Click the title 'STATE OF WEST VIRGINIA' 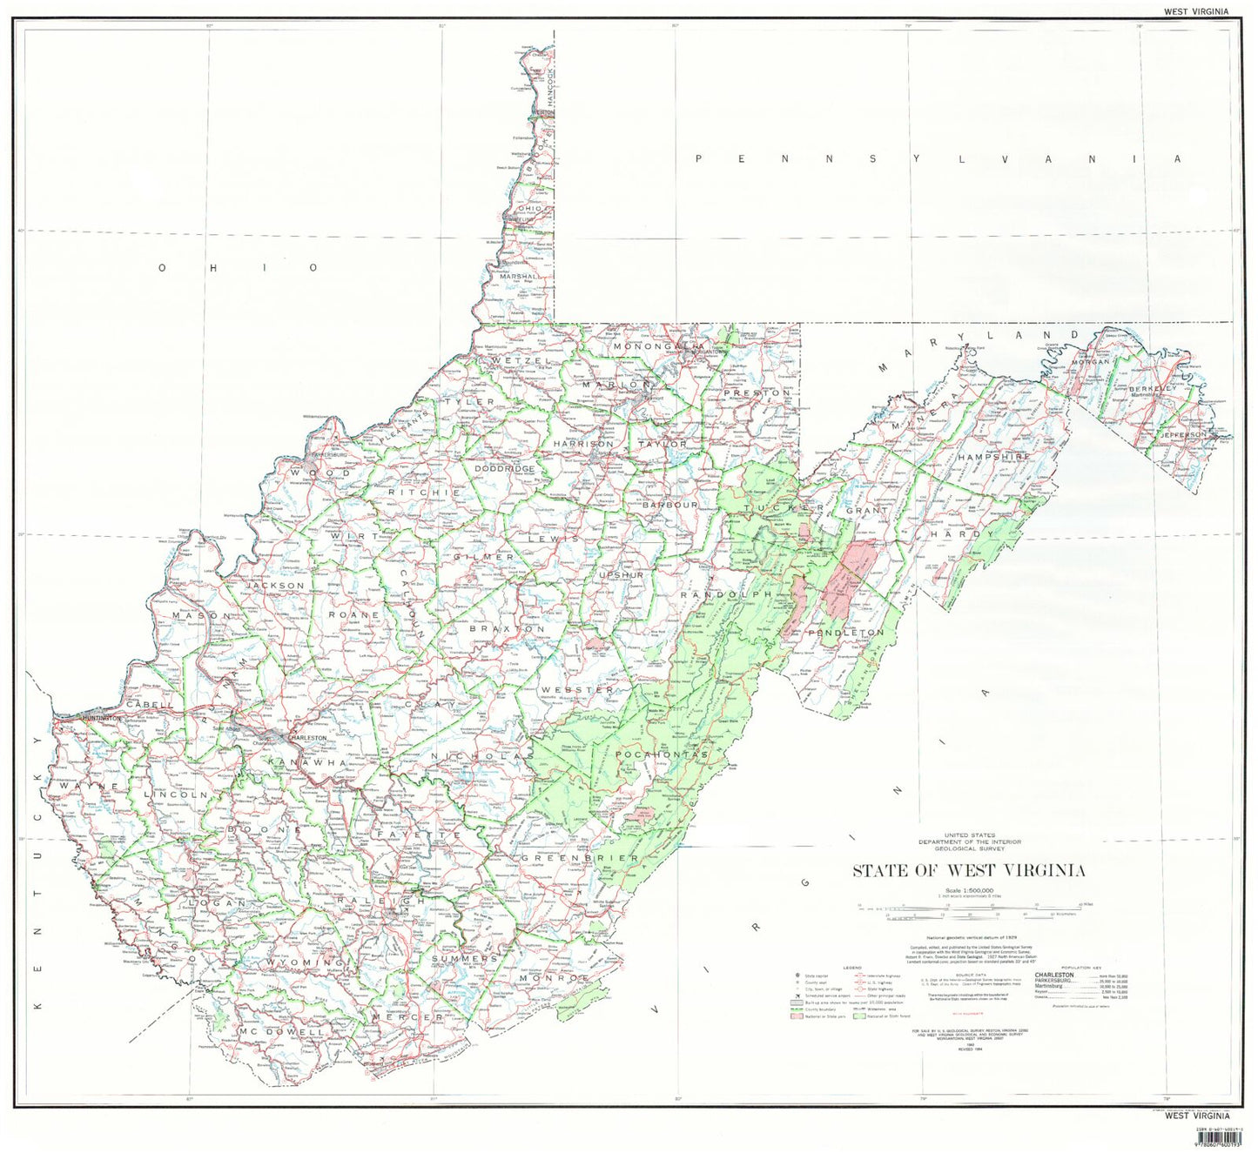(x=968, y=870)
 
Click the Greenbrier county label (x=580, y=858)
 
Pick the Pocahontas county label (x=662, y=754)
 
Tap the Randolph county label (x=726, y=594)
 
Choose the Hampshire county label (x=993, y=456)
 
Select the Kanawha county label (x=310, y=763)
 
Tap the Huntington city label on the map (x=99, y=718)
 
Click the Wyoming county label (x=305, y=962)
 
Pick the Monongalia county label (x=657, y=346)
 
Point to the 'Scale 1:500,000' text (x=968, y=890)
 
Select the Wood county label (x=321, y=473)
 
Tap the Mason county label (x=201, y=615)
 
